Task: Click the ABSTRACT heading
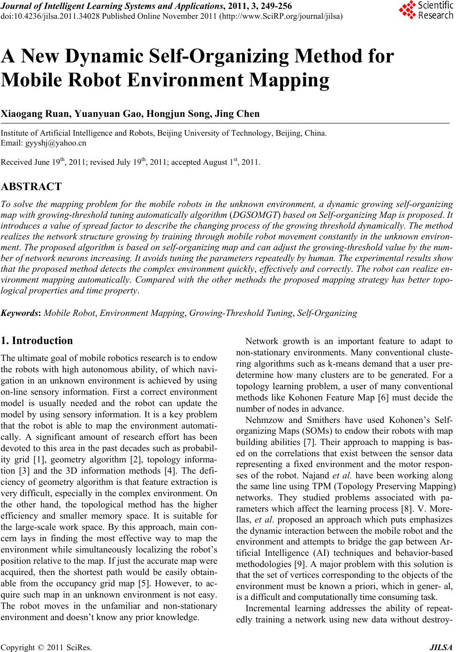tap(31, 187)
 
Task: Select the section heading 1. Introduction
tap(38, 340)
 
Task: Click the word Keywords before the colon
tap(21, 313)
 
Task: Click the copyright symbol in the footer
tap(39, 648)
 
